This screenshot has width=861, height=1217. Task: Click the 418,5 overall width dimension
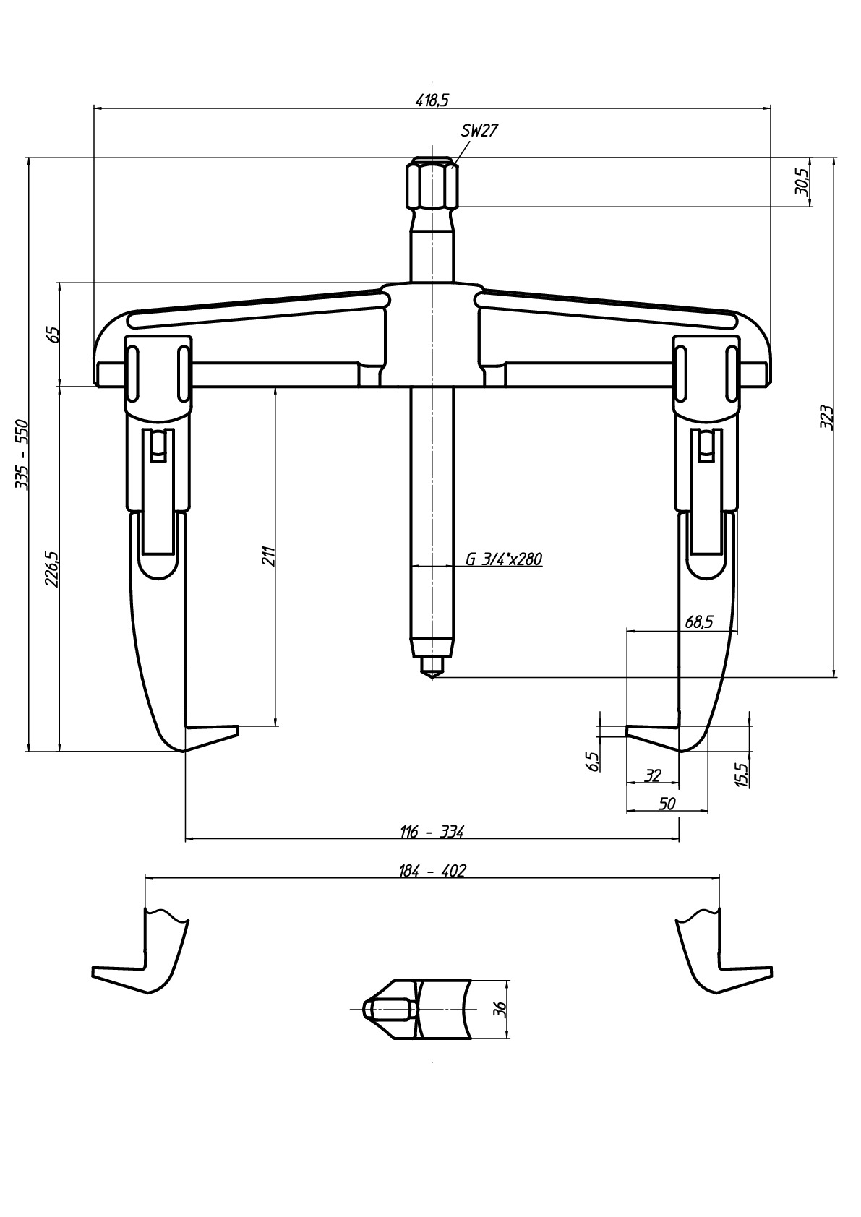[432, 100]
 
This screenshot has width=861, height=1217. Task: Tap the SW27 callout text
[479, 131]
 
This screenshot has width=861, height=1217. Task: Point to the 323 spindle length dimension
[826, 417]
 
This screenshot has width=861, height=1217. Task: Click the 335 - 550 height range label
[22, 454]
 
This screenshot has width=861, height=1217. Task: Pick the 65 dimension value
[53, 334]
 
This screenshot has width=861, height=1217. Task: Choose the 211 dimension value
[269, 556]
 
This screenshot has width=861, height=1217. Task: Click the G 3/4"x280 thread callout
[504, 559]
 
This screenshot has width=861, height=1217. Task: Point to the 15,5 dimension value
[742, 773]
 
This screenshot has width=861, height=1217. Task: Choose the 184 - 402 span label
[432, 871]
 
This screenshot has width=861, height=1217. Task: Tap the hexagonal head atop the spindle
[432, 183]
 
